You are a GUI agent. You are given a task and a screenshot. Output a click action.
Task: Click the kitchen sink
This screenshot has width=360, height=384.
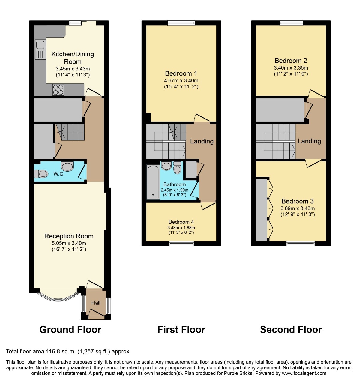[x=40, y=49]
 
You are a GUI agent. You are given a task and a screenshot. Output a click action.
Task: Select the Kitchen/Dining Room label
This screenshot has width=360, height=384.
[x=73, y=58]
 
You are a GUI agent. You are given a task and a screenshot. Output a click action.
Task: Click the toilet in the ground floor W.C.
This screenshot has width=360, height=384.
[x=41, y=174]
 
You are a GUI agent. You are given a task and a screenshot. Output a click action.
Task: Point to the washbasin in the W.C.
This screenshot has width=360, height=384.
[x=67, y=166]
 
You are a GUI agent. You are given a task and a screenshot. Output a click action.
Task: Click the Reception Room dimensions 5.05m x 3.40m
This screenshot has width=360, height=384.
[x=69, y=243]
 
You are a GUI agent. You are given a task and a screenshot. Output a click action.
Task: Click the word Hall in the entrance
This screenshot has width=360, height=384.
[x=96, y=303]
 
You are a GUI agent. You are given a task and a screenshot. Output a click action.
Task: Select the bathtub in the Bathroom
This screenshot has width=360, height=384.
[x=153, y=182]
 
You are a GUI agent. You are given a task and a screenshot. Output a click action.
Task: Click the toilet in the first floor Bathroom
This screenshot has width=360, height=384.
[x=177, y=168]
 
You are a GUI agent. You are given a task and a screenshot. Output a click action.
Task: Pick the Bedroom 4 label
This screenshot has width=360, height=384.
[x=181, y=222]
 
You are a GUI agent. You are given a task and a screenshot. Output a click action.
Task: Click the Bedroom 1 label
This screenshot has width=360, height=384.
[x=181, y=73]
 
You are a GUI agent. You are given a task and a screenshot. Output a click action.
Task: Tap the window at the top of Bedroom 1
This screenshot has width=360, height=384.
[x=181, y=23]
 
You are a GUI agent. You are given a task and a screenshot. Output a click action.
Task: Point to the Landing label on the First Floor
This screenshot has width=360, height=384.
[x=202, y=141]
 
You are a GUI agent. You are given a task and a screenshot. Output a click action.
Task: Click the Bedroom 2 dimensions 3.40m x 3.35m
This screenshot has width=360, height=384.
[x=291, y=68]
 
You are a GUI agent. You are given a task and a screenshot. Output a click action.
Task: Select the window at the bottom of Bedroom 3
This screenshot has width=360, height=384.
[x=301, y=243]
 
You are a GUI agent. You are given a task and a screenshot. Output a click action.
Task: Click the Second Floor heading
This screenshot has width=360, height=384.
[x=291, y=330]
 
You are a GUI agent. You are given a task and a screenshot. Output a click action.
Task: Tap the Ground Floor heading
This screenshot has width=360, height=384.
[x=70, y=330]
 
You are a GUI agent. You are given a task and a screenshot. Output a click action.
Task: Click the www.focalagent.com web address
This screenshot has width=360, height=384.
[x=304, y=373]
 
